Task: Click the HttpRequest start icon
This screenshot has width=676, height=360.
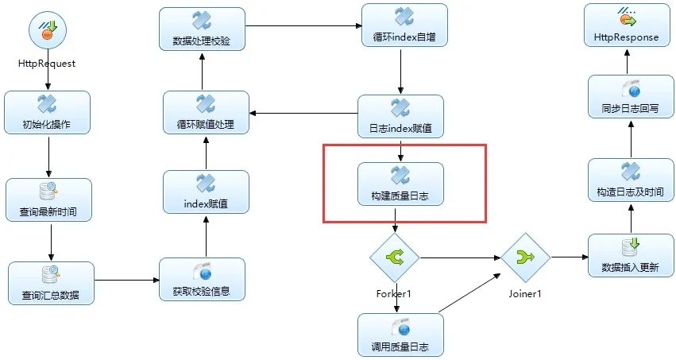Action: point(48,33)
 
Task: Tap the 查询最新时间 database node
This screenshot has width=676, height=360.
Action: point(49,199)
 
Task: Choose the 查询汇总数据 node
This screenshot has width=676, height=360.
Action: point(51,282)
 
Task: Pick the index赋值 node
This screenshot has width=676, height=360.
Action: point(206,192)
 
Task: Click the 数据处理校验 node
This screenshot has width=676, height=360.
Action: point(202,29)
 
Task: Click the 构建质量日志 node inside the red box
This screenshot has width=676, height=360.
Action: point(400,184)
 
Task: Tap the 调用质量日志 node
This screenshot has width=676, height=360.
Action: point(400,334)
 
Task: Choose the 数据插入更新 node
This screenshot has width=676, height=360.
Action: point(631,255)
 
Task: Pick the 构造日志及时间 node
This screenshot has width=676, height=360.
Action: point(631,180)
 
